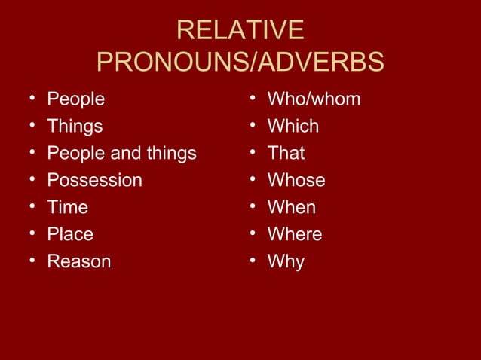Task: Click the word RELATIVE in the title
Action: click(x=240, y=31)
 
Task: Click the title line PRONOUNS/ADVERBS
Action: click(x=240, y=63)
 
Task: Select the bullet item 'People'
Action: click(x=76, y=99)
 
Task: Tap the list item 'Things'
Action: click(x=75, y=126)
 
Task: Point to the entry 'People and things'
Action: click(x=121, y=153)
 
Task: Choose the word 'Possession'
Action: click(x=94, y=180)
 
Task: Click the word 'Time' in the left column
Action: click(x=67, y=207)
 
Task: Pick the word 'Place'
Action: click(x=70, y=234)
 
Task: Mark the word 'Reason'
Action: click(x=78, y=261)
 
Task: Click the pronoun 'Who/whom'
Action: click(x=314, y=99)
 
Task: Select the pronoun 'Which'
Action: click(x=293, y=126)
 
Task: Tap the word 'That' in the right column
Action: click(x=286, y=153)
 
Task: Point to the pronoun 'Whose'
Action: click(x=296, y=180)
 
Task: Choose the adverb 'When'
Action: click(x=291, y=207)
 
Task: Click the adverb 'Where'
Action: click(x=294, y=234)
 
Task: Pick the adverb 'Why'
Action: click(x=286, y=261)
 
